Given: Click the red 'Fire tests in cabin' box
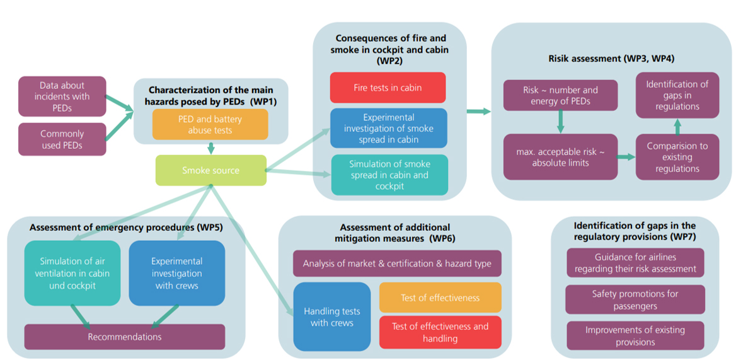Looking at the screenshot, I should tap(388, 88).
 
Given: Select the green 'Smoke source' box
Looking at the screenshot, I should tap(211, 170).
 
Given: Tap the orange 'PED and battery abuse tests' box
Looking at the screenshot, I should tap(210, 124).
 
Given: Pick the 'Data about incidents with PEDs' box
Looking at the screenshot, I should tap(62, 96).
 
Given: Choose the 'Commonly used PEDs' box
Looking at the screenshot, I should tap(62, 139).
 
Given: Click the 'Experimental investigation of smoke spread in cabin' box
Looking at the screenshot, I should tap(389, 129).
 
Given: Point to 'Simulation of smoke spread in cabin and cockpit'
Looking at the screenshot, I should tap(389, 175).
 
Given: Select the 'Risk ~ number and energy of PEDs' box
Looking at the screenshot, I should tap(560, 95).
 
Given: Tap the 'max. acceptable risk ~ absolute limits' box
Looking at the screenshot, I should tap(560, 157).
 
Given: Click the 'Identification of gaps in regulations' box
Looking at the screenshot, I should tap(677, 95).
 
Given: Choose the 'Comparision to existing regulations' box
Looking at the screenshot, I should tap(677, 157).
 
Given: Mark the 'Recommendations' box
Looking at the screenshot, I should tap(124, 337).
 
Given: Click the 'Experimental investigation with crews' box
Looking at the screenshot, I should tap(176, 273).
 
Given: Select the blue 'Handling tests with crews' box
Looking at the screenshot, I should tap(332, 316).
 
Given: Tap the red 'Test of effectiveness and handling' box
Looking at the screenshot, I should tap(440, 332).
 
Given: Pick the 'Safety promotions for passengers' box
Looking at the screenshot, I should tap(635, 299).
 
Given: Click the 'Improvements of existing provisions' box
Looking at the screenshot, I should tap(635, 336).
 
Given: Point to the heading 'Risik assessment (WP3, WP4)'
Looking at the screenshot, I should tap(611, 59).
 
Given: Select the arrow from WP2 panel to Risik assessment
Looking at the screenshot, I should tap(479, 112).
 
